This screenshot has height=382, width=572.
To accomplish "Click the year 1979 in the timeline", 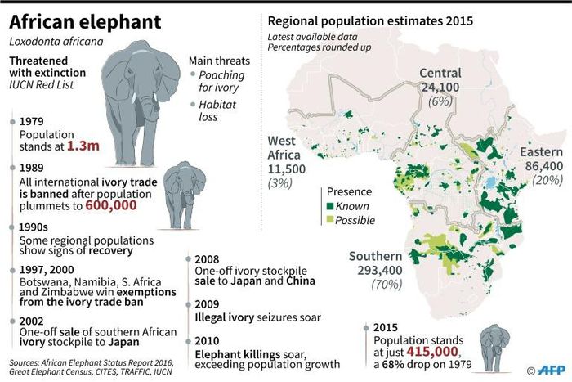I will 33,121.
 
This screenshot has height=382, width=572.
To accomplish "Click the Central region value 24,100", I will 440,87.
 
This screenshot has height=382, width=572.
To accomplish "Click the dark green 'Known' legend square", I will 330,207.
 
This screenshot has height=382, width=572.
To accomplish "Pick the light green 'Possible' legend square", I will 330,220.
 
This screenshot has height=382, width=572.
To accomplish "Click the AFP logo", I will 550,371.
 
